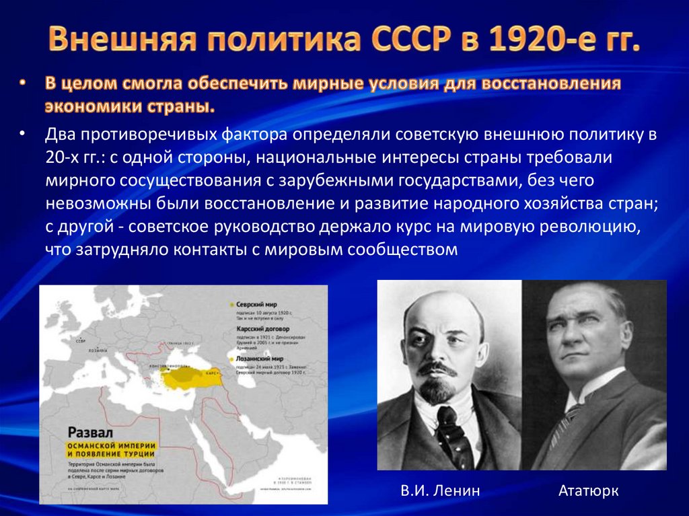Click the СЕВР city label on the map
click(x=81, y=341)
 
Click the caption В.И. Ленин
click(x=440, y=490)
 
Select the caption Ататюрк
click(x=588, y=490)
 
